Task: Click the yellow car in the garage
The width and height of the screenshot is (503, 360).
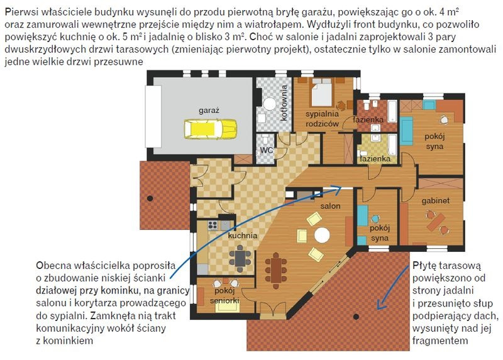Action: pos(211,129)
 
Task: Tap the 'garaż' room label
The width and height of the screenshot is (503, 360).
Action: pos(209,111)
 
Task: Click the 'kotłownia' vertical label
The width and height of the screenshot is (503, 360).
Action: pos(284,102)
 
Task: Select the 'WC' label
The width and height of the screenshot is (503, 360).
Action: pos(266,150)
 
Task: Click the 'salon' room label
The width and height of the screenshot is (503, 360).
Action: pos(330,206)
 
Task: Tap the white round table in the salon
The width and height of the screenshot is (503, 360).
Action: pos(322,235)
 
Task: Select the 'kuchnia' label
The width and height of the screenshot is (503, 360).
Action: pos(243,236)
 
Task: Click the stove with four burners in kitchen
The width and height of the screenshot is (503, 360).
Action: pos(213,226)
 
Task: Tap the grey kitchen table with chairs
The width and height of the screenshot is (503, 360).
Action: pos(240,258)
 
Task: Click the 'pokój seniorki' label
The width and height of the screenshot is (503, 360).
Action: pos(224,295)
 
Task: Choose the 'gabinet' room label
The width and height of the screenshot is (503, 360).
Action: pos(435,200)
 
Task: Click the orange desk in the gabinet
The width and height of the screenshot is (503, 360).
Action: pos(436,222)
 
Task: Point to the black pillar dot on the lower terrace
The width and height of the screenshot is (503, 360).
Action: pos(356,317)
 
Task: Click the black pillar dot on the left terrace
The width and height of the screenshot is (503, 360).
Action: pos(150,199)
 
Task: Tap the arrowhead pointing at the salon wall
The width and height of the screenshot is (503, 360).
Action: pos(338,189)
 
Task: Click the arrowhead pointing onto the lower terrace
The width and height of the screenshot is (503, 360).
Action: pos(380,305)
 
